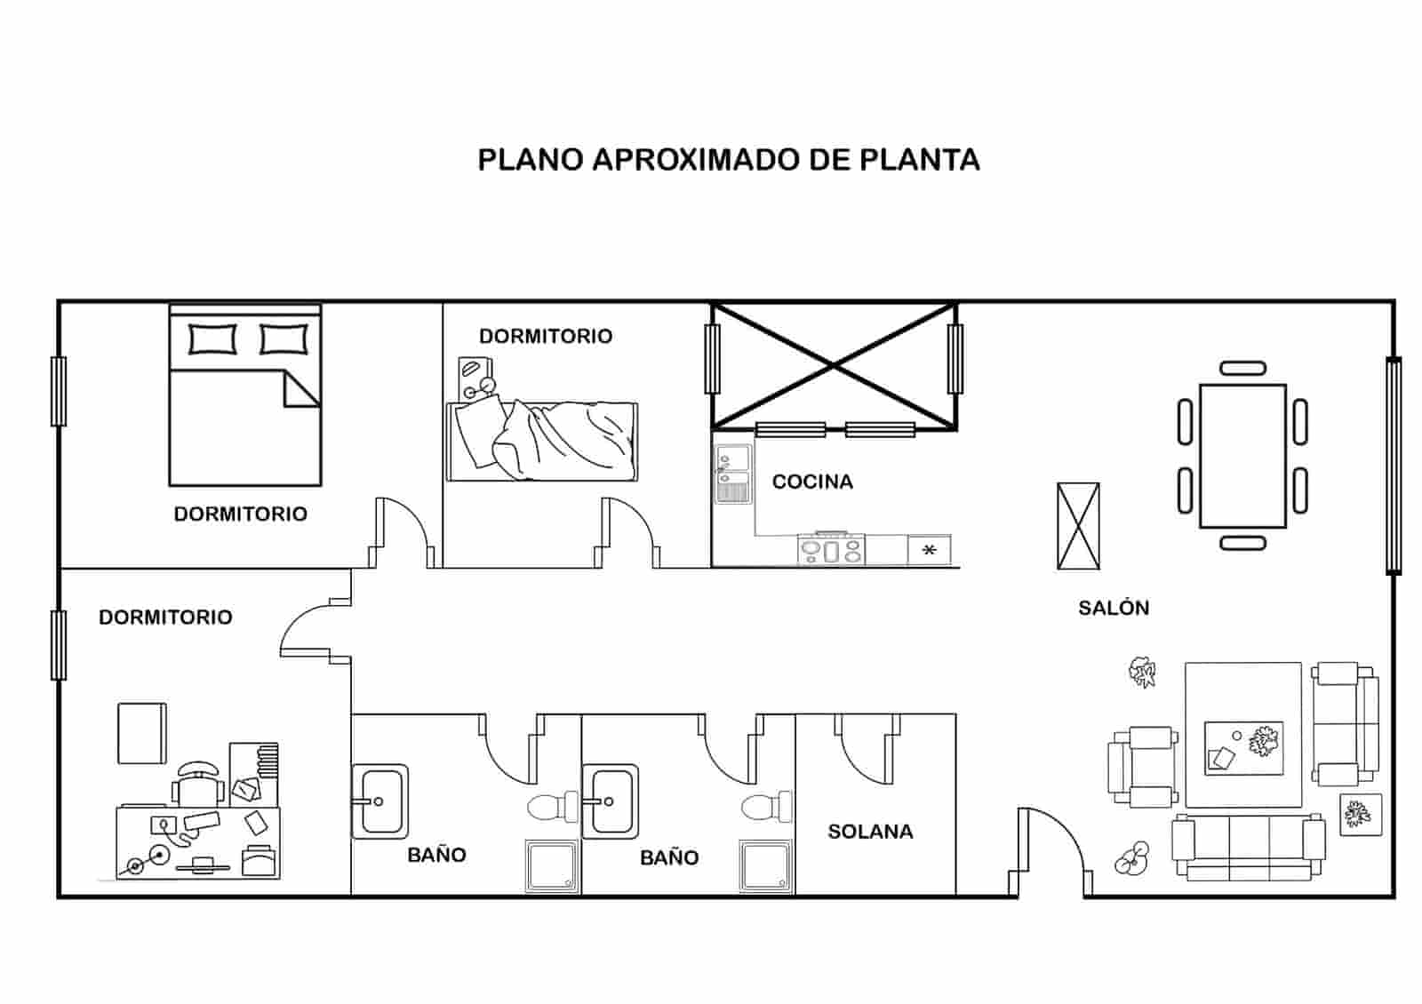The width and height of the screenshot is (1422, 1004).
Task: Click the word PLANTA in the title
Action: [x=920, y=160]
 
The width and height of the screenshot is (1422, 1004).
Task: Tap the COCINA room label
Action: [x=812, y=482]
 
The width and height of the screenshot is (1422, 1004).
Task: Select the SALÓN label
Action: [x=1114, y=609]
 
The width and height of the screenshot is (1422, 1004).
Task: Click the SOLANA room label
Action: [x=870, y=833]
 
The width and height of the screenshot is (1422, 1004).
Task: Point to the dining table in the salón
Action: [x=1242, y=456]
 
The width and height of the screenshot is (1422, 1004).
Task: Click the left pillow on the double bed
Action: [x=213, y=339]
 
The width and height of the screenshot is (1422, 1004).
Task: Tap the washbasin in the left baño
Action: [x=379, y=801]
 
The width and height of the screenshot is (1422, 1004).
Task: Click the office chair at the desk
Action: [x=198, y=782]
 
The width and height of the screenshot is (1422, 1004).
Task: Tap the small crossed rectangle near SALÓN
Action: [x=1078, y=526]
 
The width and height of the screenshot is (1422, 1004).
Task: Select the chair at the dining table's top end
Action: [x=1242, y=368]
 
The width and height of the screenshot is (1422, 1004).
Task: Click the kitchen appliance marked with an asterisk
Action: [x=930, y=550]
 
